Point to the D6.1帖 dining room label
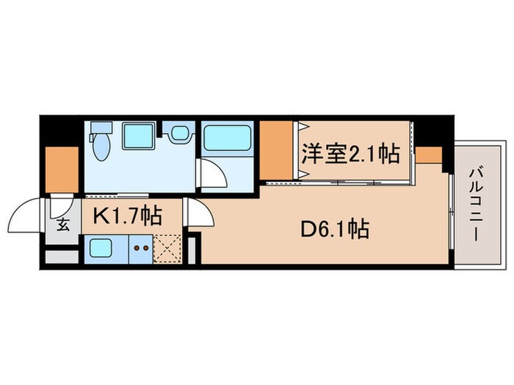[333, 230]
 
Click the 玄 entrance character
[63, 224]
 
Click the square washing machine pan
[137, 137]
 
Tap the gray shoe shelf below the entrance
[61, 257]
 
